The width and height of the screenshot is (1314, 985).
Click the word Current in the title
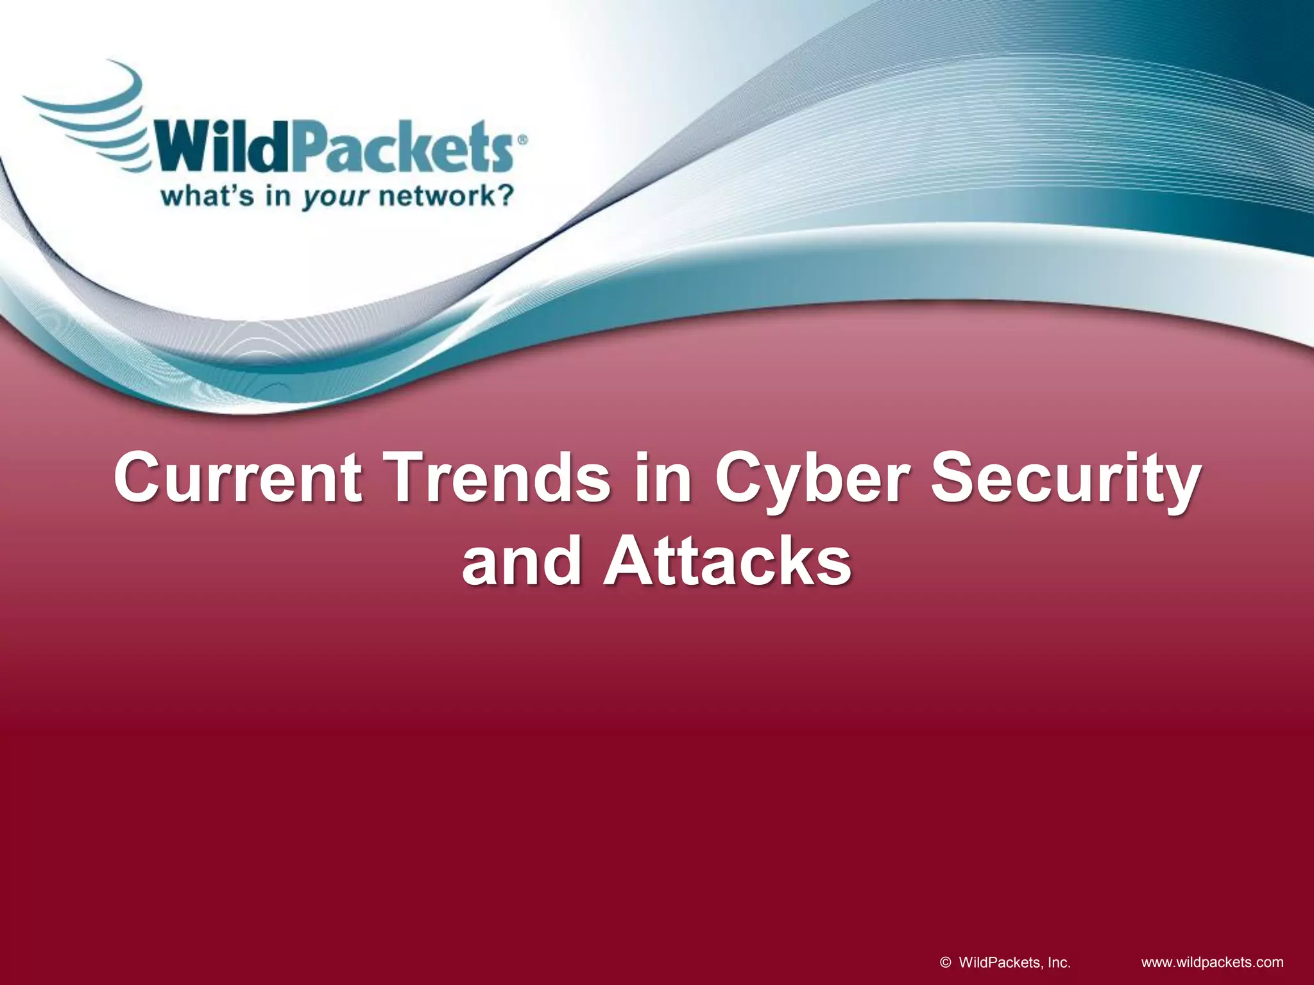tap(237, 478)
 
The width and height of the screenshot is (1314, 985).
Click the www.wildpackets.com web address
tap(1212, 962)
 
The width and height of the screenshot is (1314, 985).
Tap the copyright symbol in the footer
tap(945, 962)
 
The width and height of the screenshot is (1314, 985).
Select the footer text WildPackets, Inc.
tap(1014, 962)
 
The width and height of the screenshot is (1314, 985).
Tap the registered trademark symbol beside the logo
tap(522, 140)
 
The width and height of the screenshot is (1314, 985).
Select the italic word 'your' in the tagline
tap(336, 197)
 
